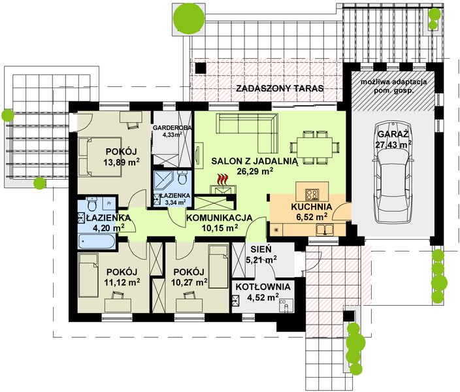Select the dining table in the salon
click(x=314, y=147)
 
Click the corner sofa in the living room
click(x=247, y=133)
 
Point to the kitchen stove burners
click(x=312, y=194)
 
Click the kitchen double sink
click(x=325, y=229)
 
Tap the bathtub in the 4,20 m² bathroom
click(x=97, y=241)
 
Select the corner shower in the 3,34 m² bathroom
click(x=165, y=182)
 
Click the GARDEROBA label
click(x=172, y=127)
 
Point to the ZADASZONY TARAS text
click(x=280, y=88)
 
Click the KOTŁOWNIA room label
click(x=263, y=287)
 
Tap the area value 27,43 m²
click(x=393, y=144)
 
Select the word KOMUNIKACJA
click(x=219, y=218)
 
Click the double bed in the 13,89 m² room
click(x=100, y=157)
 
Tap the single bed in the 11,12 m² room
click(x=89, y=276)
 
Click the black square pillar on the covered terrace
click(x=201, y=68)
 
